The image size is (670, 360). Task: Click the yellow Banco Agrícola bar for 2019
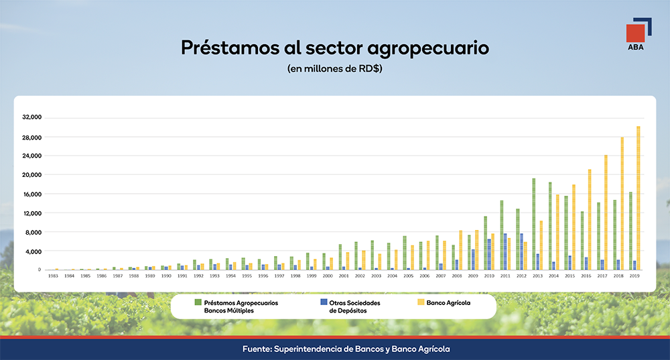tap(638, 198)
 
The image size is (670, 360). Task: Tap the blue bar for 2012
tap(522, 251)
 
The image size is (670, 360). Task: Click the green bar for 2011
tap(501, 235)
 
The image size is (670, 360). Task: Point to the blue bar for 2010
tap(489, 254)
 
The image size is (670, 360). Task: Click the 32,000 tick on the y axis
tap(32, 117)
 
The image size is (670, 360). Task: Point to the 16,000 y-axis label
tap(32, 194)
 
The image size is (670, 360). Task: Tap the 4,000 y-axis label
tap(33, 251)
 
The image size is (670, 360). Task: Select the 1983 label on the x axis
tap(53, 276)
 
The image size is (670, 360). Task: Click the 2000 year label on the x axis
tap(327, 276)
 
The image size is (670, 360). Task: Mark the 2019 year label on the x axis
tap(634, 276)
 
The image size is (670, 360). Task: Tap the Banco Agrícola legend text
tap(448, 303)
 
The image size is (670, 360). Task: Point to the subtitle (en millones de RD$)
tap(334, 68)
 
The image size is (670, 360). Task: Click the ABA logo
tap(636, 38)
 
